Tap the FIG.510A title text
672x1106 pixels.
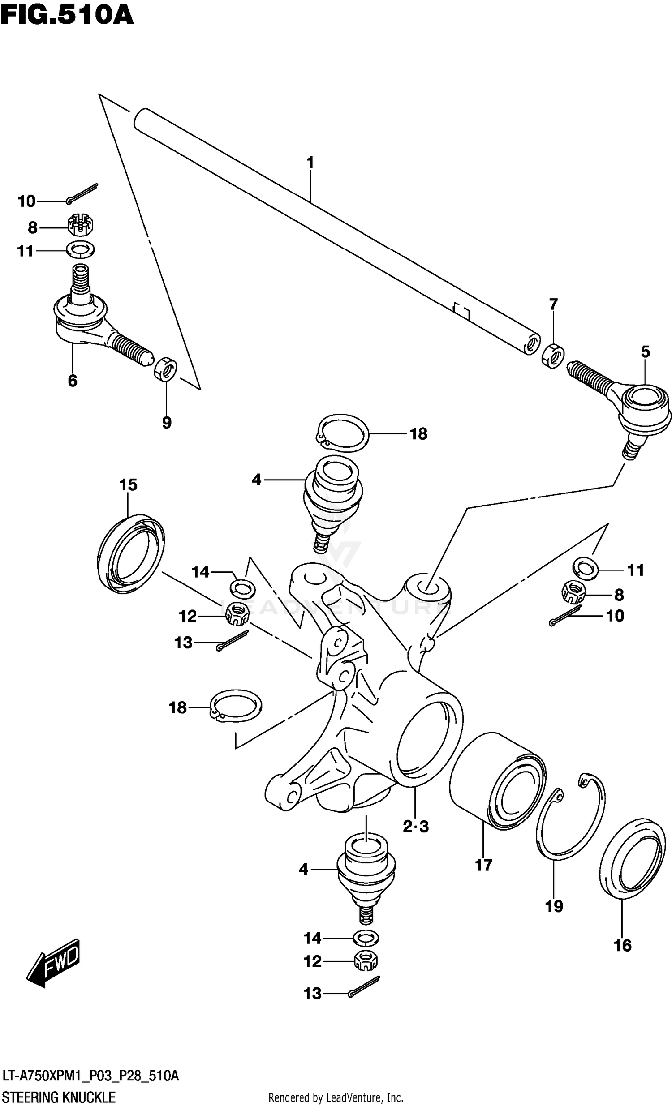(66, 15)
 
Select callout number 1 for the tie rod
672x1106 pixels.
(310, 163)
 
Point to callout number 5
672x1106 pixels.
(645, 352)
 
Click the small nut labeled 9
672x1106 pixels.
(165, 368)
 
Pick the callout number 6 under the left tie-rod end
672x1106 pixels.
(72, 381)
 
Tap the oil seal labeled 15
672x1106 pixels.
(130, 555)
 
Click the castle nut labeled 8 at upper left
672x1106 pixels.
(81, 226)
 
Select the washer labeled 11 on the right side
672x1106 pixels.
(585, 568)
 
